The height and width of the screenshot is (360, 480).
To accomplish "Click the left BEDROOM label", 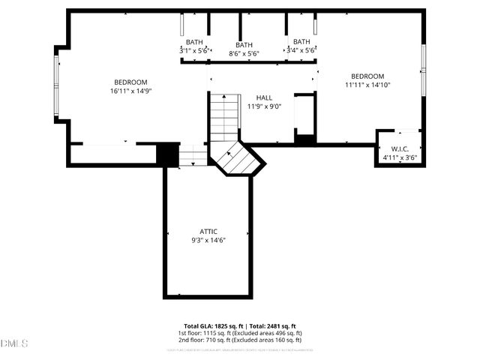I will click(x=130, y=82).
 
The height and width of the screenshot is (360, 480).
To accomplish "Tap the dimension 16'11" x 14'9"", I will click(x=130, y=91).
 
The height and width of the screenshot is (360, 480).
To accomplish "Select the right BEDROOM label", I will click(x=367, y=76).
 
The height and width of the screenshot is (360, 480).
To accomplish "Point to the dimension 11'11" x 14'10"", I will click(x=367, y=85).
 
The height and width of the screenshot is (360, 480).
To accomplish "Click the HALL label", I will click(x=264, y=98).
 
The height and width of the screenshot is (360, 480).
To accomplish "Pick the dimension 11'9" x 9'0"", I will click(x=264, y=106).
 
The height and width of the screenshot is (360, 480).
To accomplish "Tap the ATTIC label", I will click(x=208, y=232).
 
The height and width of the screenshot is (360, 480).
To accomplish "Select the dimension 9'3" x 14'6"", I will click(x=208, y=240).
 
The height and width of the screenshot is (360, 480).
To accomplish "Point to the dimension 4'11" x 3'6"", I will click(x=399, y=157).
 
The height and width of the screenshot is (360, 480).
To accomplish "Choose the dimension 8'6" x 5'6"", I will click(x=244, y=54).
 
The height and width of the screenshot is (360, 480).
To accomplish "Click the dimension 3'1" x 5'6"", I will click(x=194, y=50).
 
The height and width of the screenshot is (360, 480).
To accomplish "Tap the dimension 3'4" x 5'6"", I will click(x=301, y=50).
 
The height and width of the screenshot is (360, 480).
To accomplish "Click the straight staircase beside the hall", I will click(x=223, y=116).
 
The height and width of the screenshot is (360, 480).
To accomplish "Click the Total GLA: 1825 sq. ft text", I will click(x=211, y=325).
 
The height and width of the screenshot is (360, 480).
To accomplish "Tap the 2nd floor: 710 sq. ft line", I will click(x=239, y=339).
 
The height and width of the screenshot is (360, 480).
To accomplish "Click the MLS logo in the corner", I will click(x=15, y=343).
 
